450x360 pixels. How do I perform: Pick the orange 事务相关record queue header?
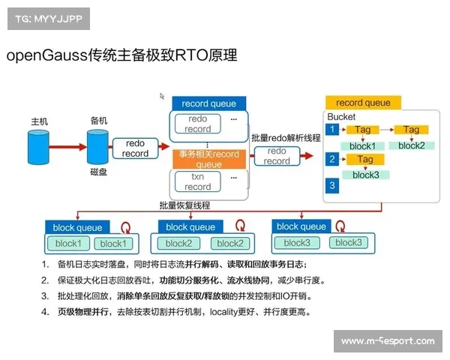[208, 159]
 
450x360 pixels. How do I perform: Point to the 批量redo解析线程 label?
[286, 138]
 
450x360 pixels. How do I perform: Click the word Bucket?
[342, 117]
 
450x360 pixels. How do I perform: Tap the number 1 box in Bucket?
[331, 130]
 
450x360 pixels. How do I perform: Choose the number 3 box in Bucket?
[331, 184]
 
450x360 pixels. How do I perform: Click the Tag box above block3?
[365, 160]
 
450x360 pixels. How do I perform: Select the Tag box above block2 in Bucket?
[411, 130]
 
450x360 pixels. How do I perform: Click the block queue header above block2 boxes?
[190, 226]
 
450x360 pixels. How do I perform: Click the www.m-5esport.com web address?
[387, 341]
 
